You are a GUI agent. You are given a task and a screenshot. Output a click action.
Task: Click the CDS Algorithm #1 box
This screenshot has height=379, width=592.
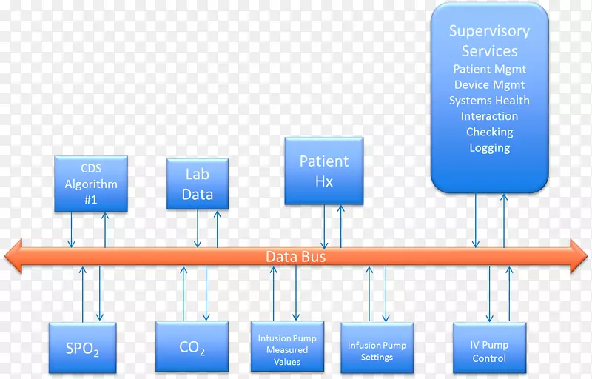(x=90, y=184)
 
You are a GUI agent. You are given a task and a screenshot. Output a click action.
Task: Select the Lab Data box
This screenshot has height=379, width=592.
(x=197, y=184)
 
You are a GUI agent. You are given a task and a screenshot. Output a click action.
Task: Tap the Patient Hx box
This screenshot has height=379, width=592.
(x=324, y=170)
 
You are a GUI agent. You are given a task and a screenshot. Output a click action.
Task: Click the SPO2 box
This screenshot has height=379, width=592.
(x=83, y=348)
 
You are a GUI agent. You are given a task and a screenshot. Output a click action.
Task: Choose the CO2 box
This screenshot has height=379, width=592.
(x=192, y=348)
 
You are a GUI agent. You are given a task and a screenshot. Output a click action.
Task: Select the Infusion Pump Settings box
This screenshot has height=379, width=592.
(x=377, y=350)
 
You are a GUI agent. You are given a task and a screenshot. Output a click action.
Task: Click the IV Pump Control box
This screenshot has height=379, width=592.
(x=489, y=351)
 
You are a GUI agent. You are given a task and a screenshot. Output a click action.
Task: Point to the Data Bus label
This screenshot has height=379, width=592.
(x=295, y=257)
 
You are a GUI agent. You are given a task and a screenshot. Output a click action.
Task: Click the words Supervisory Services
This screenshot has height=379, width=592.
(x=489, y=41)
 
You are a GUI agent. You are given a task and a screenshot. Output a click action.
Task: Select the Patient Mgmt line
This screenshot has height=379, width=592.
(x=489, y=70)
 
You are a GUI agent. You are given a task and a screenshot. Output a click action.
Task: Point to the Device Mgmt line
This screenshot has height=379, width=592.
(x=489, y=85)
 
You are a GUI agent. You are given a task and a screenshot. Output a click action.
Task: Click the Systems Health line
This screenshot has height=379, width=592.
(x=489, y=101)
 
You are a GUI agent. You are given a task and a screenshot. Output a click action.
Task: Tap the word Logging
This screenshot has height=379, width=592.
(x=489, y=147)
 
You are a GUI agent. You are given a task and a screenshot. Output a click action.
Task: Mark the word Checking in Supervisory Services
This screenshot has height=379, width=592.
(x=489, y=132)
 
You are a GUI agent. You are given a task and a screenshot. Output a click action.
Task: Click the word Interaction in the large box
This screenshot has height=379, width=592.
(x=489, y=116)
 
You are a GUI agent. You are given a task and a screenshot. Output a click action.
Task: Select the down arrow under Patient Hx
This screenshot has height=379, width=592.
(x=325, y=226)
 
